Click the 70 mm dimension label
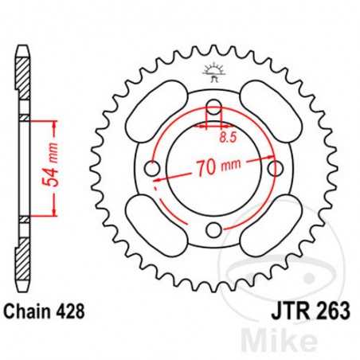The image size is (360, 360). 214,168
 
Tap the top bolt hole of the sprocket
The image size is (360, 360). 213,108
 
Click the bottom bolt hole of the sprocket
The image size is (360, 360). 213,231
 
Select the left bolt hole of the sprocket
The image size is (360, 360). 152,170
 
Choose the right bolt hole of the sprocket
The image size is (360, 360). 275,170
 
